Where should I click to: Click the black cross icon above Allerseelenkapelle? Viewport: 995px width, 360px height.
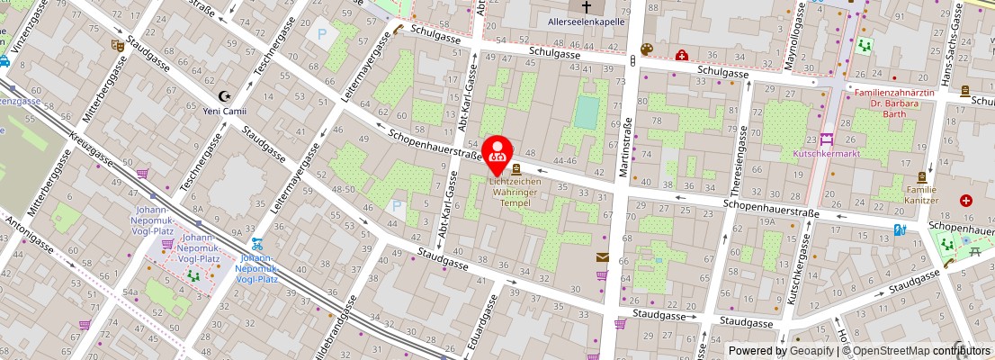click(587, 5)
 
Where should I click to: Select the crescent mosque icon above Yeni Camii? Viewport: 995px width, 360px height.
click(225, 96)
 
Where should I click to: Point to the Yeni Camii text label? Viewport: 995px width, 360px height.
click(225, 112)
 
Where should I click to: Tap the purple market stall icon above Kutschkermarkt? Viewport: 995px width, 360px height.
click(826, 139)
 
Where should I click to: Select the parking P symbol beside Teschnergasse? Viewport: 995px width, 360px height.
click(321, 35)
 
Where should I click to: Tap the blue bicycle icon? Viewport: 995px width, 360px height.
click(256, 243)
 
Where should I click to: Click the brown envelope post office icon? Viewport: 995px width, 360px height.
click(602, 257)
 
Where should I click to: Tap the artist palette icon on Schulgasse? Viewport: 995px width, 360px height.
click(645, 49)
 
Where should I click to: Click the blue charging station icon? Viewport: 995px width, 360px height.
click(901, 229)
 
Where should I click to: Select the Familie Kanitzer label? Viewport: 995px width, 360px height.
click(920, 194)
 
